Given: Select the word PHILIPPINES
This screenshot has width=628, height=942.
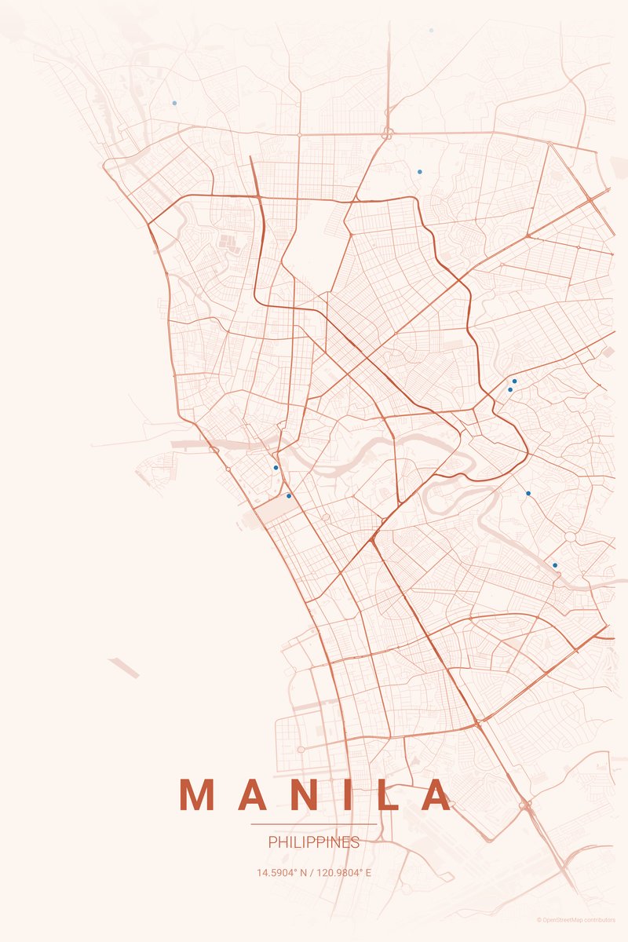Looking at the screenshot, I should tap(314, 842).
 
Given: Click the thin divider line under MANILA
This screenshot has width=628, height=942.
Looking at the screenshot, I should tap(314, 824).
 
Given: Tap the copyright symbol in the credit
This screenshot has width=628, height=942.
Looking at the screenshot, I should tap(539, 920).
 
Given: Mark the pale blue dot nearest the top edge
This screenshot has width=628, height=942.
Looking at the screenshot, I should tap(431, 31).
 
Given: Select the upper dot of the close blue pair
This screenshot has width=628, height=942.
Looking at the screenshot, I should tap(514, 382).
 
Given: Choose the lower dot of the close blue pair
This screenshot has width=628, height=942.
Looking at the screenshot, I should tap(510, 389).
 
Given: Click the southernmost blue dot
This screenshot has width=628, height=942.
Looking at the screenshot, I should tap(555, 565).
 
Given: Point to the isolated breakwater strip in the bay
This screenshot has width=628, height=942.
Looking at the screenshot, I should tap(124, 669).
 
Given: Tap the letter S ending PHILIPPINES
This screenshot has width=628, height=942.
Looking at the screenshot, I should tap(356, 842).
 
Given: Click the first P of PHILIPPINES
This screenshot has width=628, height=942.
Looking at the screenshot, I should tap(272, 842).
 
